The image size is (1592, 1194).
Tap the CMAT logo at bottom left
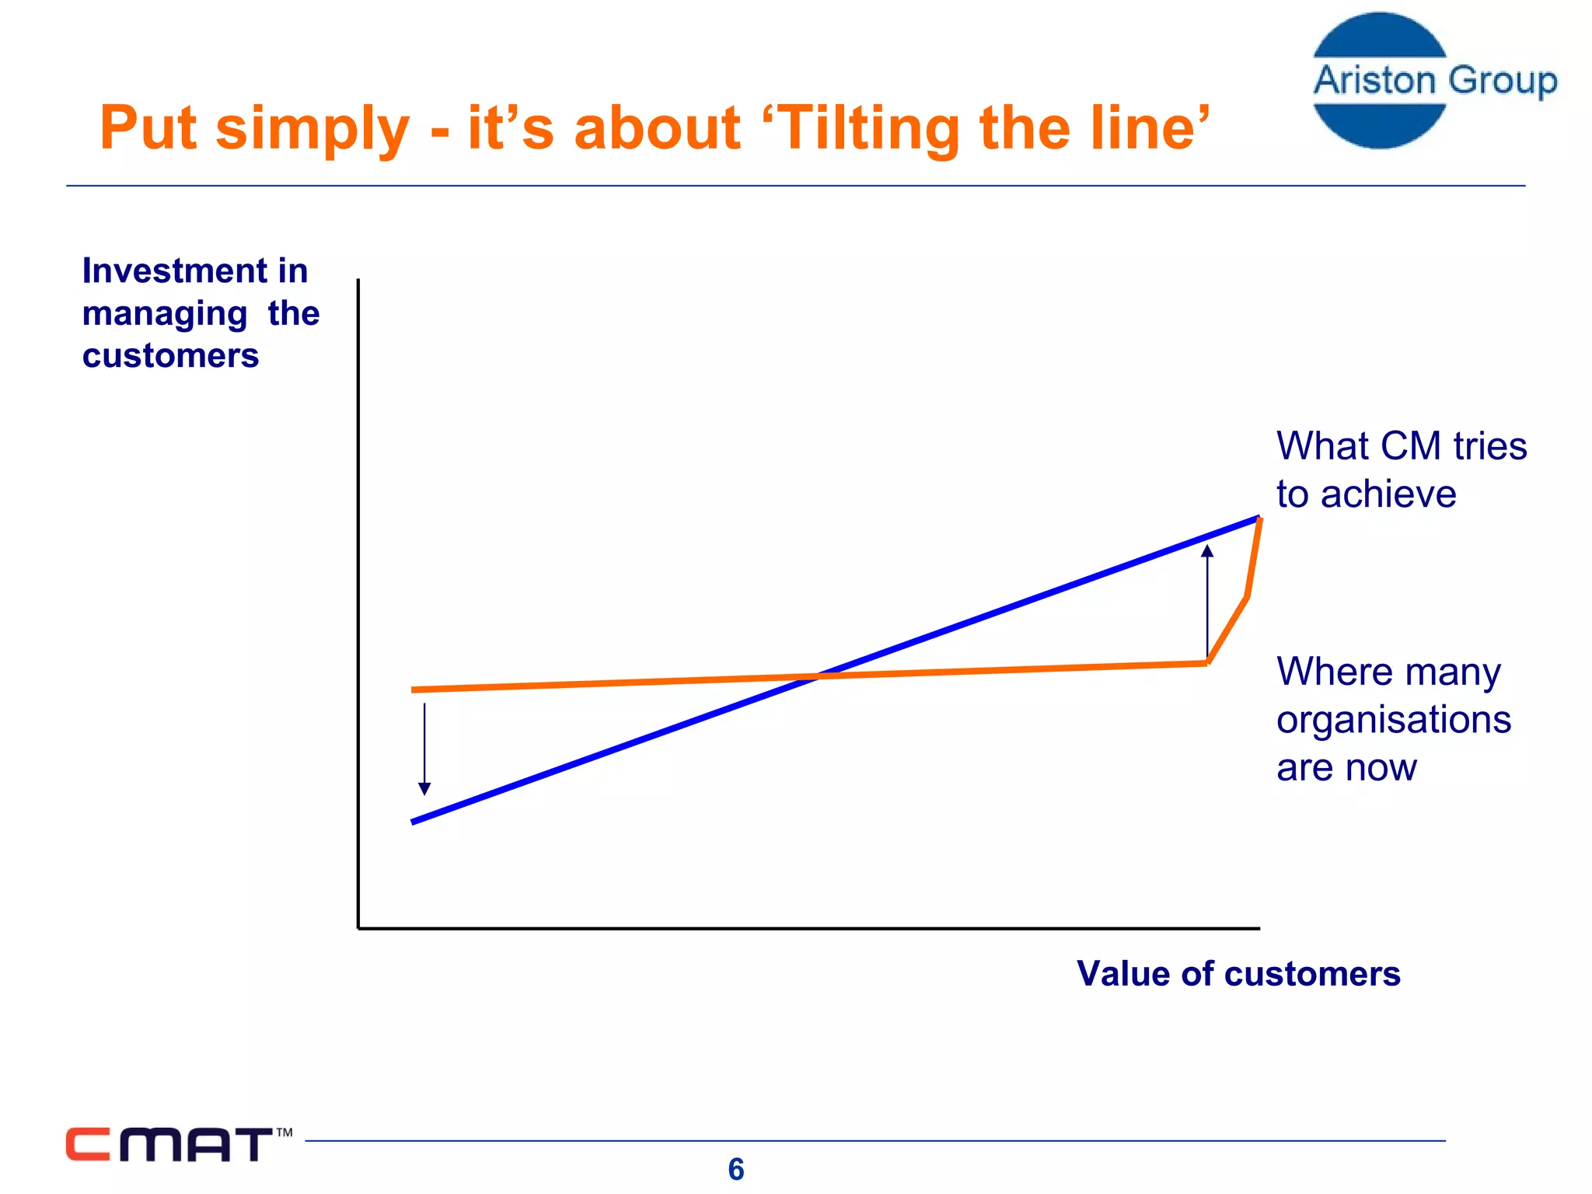169,1144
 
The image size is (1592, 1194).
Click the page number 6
735,1169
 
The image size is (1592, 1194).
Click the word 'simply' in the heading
312,130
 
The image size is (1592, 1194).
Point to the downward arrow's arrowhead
424,789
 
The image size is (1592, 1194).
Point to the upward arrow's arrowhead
1207,551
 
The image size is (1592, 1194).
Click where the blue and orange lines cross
816,676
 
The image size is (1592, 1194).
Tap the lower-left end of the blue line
414,821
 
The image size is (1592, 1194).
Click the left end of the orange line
414,690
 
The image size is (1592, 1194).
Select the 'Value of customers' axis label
1238,973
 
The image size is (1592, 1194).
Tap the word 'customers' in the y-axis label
170,356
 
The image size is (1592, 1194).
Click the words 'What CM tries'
1401,446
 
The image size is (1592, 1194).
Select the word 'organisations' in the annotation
1393,720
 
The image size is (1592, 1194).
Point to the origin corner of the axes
358,927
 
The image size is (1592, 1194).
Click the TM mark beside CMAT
285,1133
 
